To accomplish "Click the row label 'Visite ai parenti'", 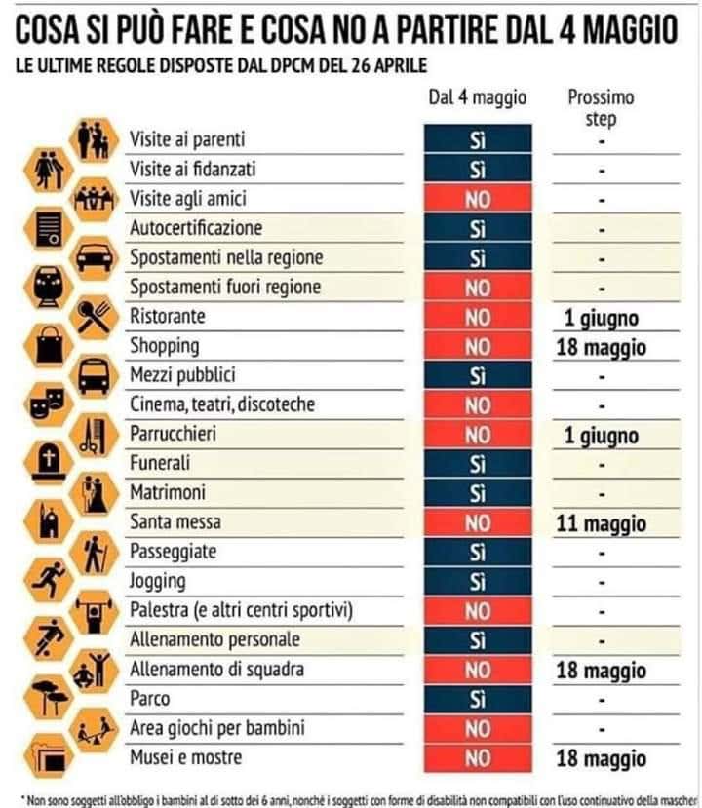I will [x=188, y=139].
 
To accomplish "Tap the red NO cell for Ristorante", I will [x=477, y=317].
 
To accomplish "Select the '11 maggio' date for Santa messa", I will [x=601, y=523].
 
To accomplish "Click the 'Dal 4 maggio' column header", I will [x=477, y=97].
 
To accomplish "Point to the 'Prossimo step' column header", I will [x=601, y=107].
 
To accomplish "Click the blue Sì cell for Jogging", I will [x=477, y=582].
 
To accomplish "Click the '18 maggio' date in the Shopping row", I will [x=601, y=348].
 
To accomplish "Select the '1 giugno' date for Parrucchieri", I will [x=601, y=436].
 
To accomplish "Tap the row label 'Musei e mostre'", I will [x=186, y=757].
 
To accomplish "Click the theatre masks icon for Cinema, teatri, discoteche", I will [x=43, y=399].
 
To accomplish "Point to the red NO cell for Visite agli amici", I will [x=477, y=199].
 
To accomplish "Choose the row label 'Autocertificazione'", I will [x=196, y=228].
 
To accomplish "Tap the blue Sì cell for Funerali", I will [x=477, y=464].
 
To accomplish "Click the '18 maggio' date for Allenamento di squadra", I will [x=601, y=671].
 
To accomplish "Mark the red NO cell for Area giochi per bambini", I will [x=477, y=728].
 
